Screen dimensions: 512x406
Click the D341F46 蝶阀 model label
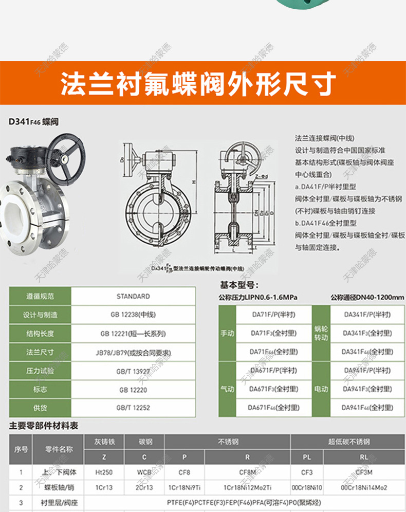point(33,122)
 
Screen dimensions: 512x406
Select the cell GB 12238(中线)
point(133,315)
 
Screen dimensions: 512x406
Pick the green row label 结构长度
point(40,333)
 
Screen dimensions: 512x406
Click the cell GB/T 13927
point(133,371)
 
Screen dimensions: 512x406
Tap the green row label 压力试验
point(40,371)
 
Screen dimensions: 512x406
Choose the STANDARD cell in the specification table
point(133,296)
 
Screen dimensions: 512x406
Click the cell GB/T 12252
point(133,408)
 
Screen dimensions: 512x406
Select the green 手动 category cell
point(227,333)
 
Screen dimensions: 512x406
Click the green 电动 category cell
point(321,389)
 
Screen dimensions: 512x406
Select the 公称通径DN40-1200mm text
point(367,298)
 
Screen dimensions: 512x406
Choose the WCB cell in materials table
point(144,472)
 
